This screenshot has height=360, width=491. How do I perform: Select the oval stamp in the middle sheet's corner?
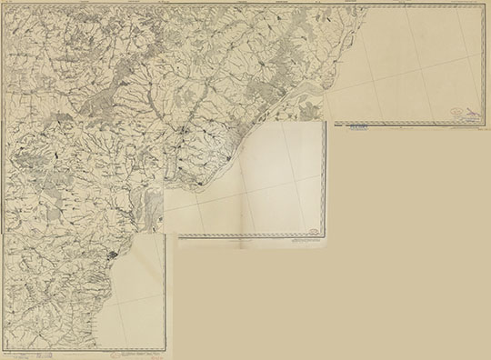tap(312, 231)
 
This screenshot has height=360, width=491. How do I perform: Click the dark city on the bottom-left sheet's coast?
tap(113, 257)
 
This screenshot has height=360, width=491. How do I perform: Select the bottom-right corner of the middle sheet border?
tap(325, 238)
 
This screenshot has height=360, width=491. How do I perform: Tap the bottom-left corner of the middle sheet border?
tap(178, 238)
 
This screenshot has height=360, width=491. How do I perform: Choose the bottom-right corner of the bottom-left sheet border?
tap(165, 350)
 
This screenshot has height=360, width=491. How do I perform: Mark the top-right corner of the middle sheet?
tap(326, 120)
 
